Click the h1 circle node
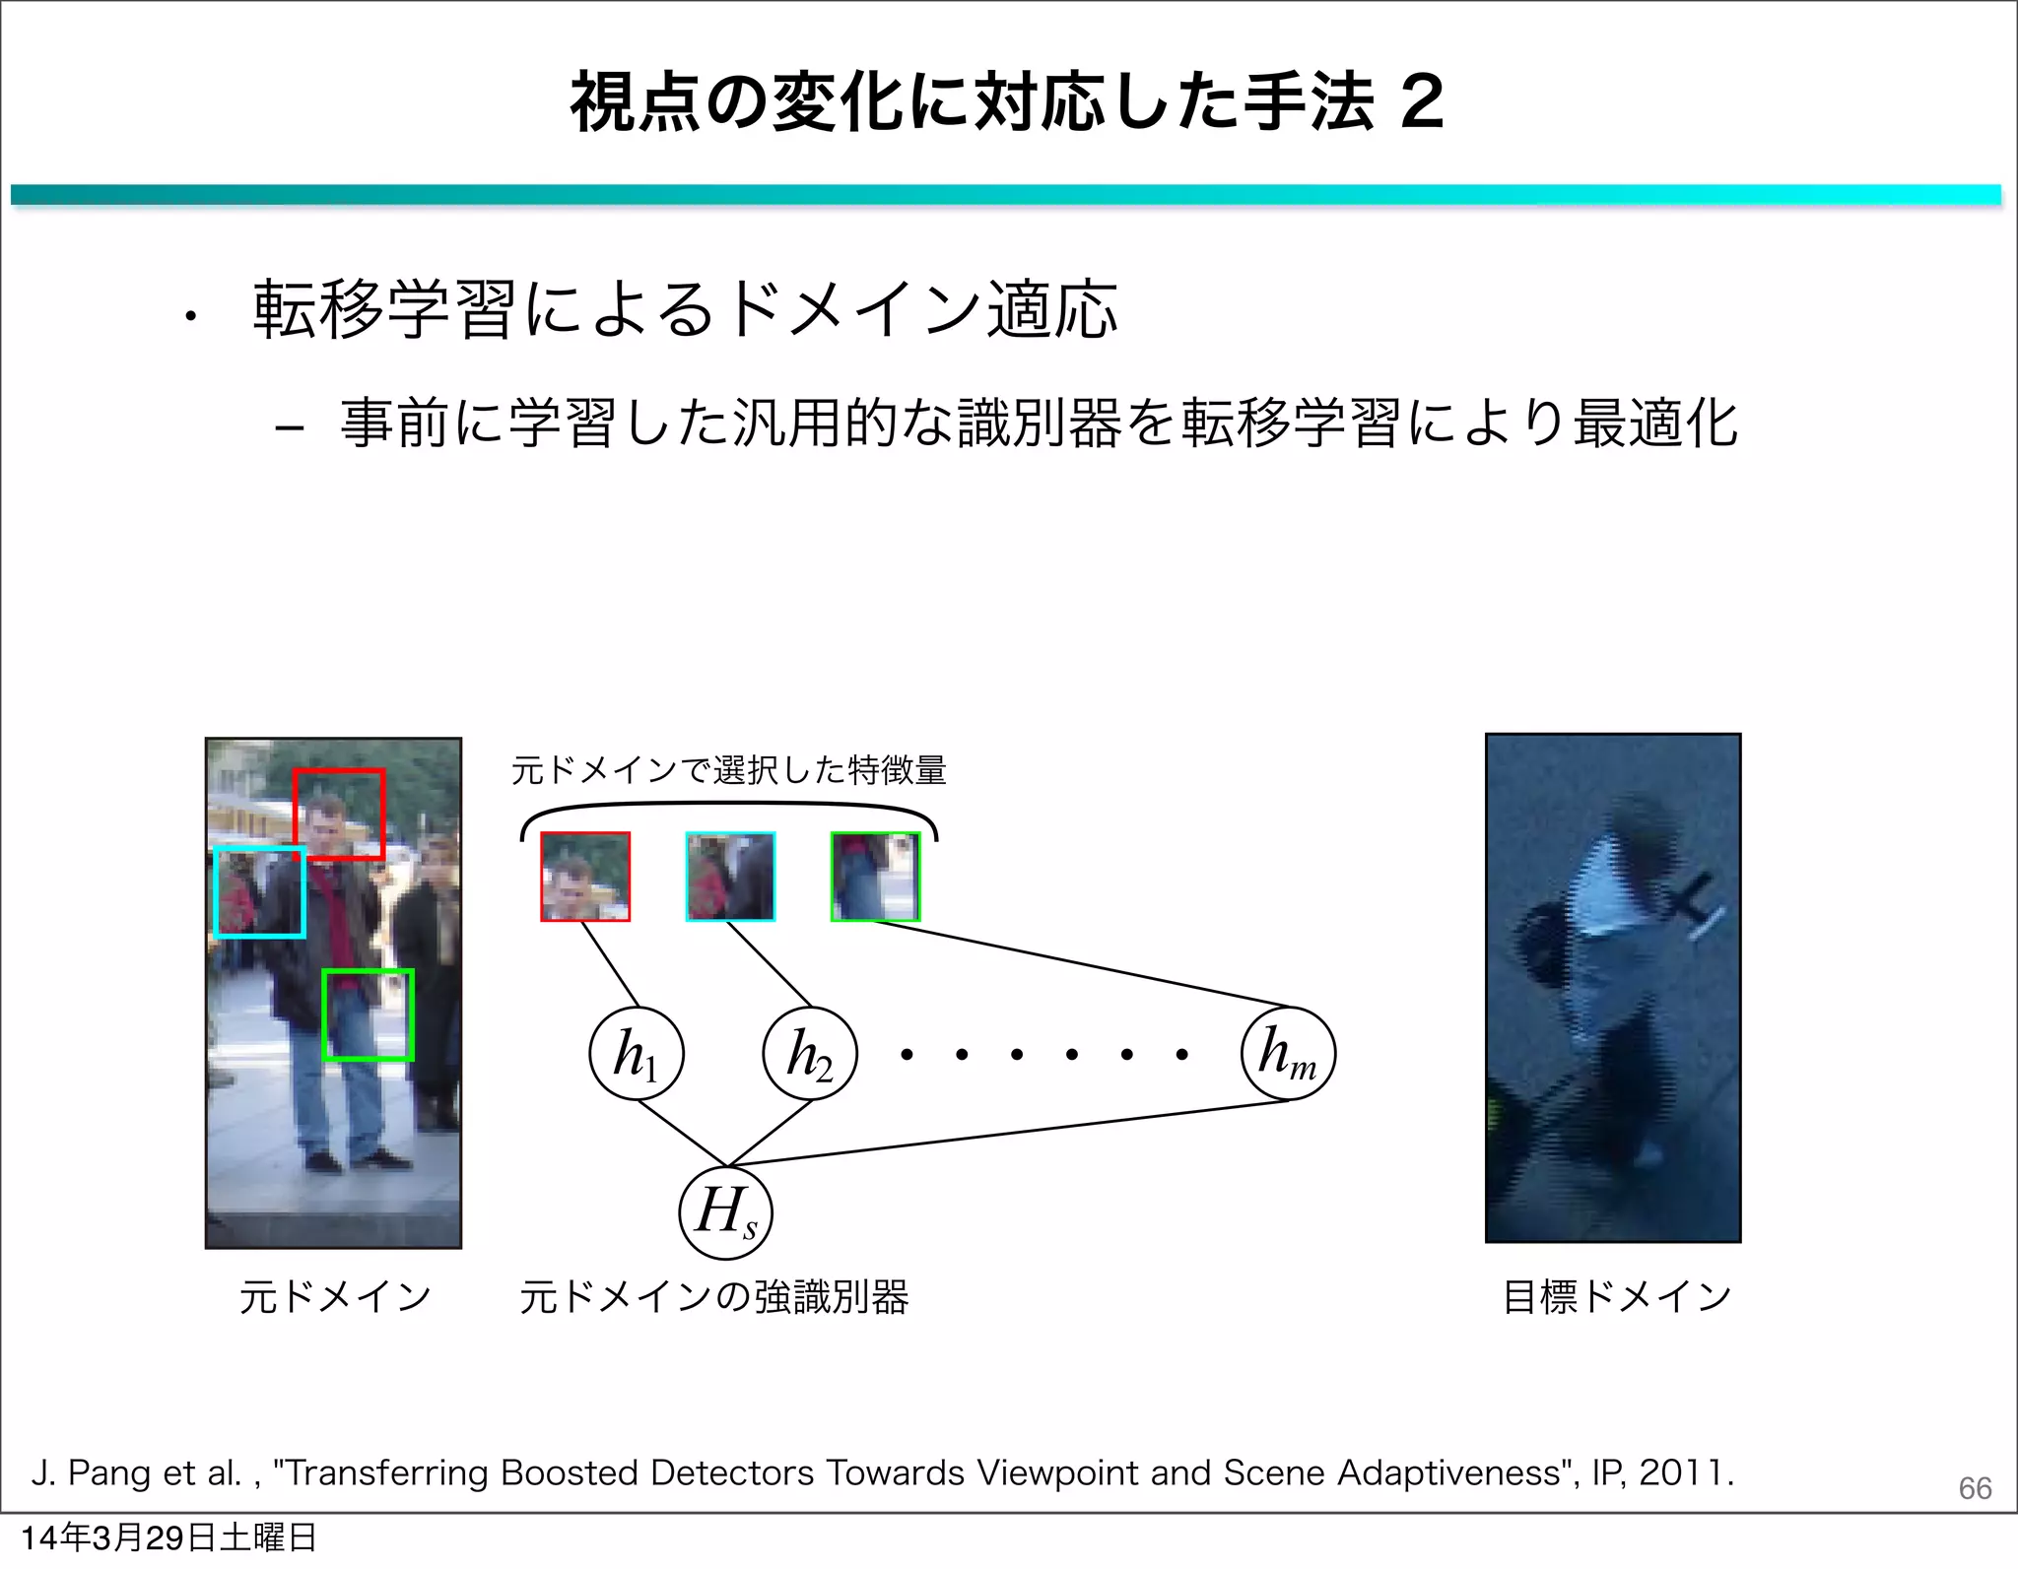(636, 1054)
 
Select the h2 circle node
(810, 1054)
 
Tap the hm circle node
(1288, 1054)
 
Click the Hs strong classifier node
(725, 1212)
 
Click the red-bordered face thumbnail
(585, 877)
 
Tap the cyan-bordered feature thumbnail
(730, 877)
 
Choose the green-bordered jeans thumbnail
(875, 877)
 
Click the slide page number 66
(1975, 1487)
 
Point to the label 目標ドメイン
(1616, 1296)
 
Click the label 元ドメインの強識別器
(713, 1296)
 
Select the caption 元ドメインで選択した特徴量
(728, 769)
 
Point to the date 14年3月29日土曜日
(168, 1538)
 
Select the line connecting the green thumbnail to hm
(1084, 965)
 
